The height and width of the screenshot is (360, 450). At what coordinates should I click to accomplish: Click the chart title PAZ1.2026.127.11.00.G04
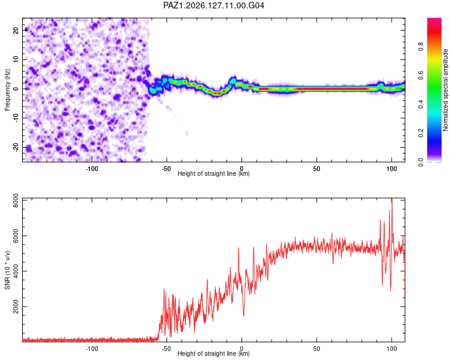point(214,5)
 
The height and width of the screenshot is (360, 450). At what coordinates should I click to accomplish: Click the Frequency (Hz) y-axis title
point(7,90)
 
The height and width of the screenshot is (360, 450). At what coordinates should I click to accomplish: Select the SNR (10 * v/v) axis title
point(7,270)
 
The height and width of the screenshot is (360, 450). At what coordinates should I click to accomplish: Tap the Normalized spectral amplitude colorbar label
point(445,90)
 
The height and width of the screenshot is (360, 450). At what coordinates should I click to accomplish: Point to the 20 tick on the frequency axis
point(16,30)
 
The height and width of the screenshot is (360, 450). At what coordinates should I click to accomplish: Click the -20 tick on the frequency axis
point(16,148)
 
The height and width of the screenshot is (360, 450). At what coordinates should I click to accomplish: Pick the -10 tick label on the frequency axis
point(16,118)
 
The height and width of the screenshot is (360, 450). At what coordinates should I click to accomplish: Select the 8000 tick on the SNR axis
point(16,200)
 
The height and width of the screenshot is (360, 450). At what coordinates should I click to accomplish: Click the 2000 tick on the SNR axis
point(16,307)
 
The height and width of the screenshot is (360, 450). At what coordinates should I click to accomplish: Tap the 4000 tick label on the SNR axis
point(16,271)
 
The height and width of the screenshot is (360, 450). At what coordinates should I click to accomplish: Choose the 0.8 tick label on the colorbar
point(421,47)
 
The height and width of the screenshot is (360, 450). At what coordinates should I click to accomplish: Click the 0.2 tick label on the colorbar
point(421,133)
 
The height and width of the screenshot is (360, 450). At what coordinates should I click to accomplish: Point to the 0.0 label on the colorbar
point(421,162)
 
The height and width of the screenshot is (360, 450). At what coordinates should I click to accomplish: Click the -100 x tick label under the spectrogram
point(92,169)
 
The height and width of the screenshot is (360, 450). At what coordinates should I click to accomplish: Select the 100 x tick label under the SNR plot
point(391,349)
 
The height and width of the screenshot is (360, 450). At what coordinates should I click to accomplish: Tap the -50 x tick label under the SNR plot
point(166,349)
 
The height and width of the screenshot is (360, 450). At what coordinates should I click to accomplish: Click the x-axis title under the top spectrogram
point(214,173)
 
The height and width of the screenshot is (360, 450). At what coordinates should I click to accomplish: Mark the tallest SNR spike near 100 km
point(392,199)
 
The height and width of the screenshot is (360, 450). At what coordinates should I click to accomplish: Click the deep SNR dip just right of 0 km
point(244,316)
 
